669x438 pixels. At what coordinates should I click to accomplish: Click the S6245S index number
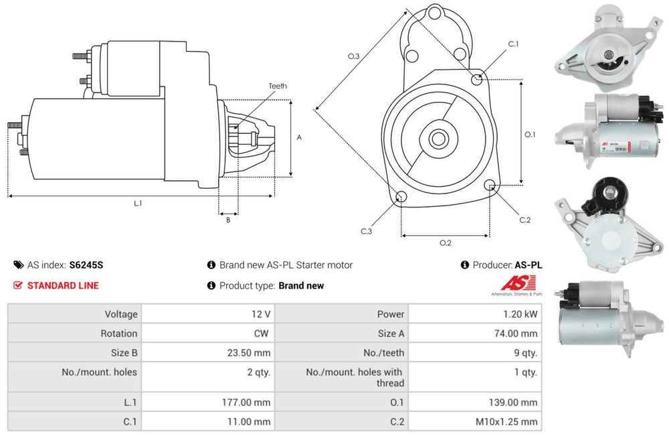pyautogui.click(x=86, y=265)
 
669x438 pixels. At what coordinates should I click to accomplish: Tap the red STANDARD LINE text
pyautogui.click(x=63, y=285)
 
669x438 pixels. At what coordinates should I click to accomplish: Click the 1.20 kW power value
pyautogui.click(x=520, y=314)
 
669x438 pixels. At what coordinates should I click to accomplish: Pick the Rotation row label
pyautogui.click(x=119, y=334)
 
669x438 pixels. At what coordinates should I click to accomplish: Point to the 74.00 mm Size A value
pyautogui.click(x=516, y=334)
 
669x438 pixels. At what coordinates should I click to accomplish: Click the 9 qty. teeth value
pyautogui.click(x=526, y=353)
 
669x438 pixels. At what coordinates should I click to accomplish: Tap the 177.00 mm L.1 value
pyautogui.click(x=246, y=403)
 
